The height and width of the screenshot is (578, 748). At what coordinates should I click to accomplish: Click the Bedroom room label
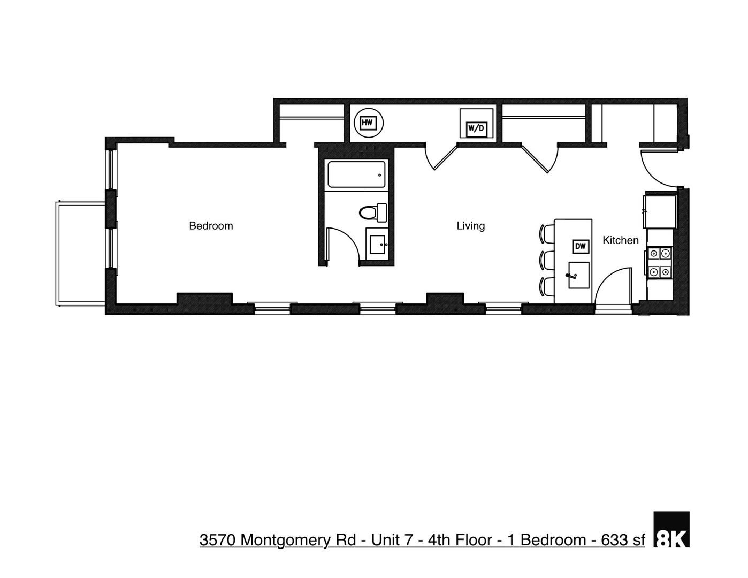(211, 226)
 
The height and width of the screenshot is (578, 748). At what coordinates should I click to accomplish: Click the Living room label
(470, 226)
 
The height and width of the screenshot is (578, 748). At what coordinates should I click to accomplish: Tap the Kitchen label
(620, 240)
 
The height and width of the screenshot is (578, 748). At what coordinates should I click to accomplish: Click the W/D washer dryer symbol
(476, 128)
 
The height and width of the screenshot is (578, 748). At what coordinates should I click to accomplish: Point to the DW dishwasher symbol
(581, 246)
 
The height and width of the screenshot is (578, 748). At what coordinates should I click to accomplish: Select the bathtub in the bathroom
(356, 174)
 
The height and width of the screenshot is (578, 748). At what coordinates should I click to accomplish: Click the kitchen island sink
(578, 275)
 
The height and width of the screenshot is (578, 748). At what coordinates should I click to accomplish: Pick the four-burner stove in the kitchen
(660, 263)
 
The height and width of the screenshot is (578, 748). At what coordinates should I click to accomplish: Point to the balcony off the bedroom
(81, 253)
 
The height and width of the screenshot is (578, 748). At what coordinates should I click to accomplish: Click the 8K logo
(671, 529)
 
